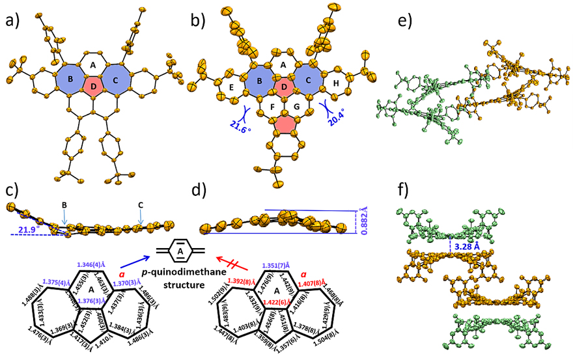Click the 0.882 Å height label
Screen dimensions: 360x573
tap(367, 221)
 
